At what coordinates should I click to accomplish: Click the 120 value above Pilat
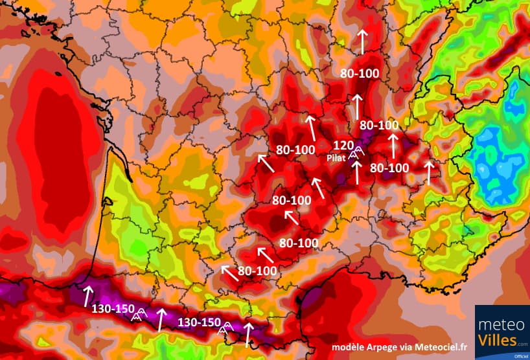[343, 145]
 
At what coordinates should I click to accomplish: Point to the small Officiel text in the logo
[518, 355]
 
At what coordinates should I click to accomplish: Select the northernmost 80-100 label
[360, 74]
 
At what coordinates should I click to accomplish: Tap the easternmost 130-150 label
[199, 322]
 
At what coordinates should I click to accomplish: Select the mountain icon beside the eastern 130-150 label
[225, 326]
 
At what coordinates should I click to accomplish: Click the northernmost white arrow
[362, 40]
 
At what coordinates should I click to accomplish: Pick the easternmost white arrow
[428, 172]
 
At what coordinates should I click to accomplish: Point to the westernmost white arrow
[87, 296]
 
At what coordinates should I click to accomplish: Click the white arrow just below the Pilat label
[356, 172]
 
